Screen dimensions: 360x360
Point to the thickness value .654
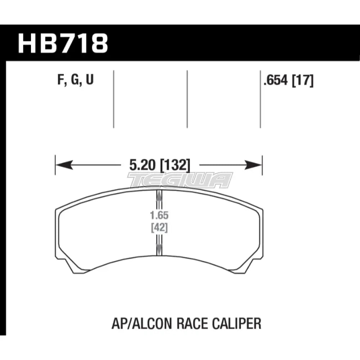pos(276,81)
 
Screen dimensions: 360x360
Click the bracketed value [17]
pos(302,81)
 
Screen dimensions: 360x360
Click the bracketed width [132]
pos(172,166)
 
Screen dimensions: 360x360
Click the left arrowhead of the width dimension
pos(61,166)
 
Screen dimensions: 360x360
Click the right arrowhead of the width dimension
pos(256,166)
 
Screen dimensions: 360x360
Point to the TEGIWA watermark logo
pos(180,180)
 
